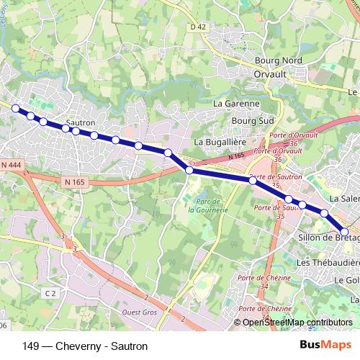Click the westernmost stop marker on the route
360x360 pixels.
tap(16, 108)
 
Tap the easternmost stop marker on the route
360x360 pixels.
tap(344, 231)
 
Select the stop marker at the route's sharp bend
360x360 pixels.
tap(189, 170)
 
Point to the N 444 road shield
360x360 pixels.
tap(11, 166)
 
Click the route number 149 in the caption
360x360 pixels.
tap(32, 346)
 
